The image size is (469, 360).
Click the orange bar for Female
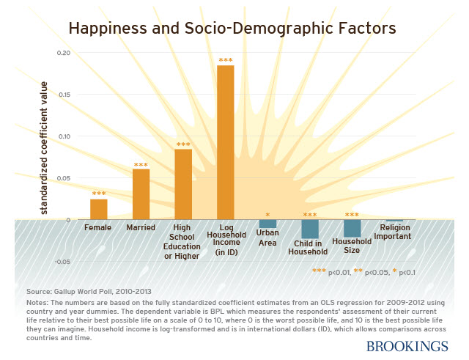coord(98,210)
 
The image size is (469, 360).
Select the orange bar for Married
coord(141,194)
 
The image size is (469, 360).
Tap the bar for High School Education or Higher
coord(183,185)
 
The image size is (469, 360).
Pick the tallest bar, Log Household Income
coord(226,143)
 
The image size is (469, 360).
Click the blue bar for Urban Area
coord(267,224)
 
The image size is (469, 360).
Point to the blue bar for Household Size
coord(352,228)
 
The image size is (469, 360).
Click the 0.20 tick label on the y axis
coord(64,54)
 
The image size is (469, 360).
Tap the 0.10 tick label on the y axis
coord(64,136)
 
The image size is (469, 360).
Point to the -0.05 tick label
coord(62,261)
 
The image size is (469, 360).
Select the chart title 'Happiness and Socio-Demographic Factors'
coord(232,29)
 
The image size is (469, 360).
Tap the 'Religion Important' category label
coord(394,232)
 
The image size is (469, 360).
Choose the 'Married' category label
coord(141,228)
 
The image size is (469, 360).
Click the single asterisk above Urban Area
coord(267,215)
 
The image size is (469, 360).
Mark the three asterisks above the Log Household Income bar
coord(226,60)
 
